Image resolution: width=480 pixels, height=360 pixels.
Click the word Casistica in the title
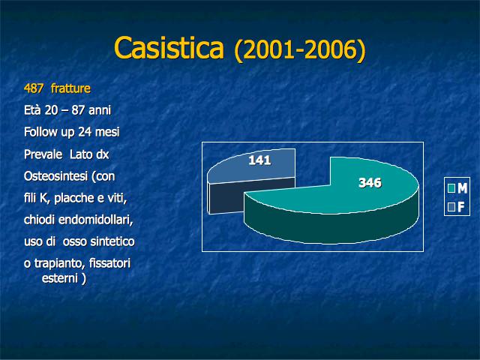click(x=169, y=47)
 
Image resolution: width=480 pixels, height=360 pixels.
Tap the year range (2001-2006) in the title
click(x=300, y=49)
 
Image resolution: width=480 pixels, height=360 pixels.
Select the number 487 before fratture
click(x=34, y=88)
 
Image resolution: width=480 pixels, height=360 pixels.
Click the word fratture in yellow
click(x=70, y=88)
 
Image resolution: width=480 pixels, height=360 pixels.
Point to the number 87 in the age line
click(x=78, y=110)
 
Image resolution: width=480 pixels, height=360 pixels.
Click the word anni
click(x=100, y=110)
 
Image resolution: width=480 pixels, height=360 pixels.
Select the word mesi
click(x=107, y=132)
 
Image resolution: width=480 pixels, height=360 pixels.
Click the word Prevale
click(x=43, y=154)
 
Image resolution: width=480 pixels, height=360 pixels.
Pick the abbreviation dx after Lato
click(x=103, y=154)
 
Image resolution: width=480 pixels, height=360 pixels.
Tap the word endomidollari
click(x=95, y=220)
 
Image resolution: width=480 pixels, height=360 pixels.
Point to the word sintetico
click(x=112, y=241)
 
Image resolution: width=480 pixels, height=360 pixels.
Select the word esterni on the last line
click(x=60, y=278)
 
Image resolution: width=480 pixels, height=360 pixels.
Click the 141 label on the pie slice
click(x=259, y=160)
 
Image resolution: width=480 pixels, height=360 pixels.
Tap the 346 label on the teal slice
click(x=370, y=183)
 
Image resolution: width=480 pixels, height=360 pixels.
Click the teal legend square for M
click(x=451, y=188)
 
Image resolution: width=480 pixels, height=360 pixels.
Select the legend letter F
click(x=461, y=207)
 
